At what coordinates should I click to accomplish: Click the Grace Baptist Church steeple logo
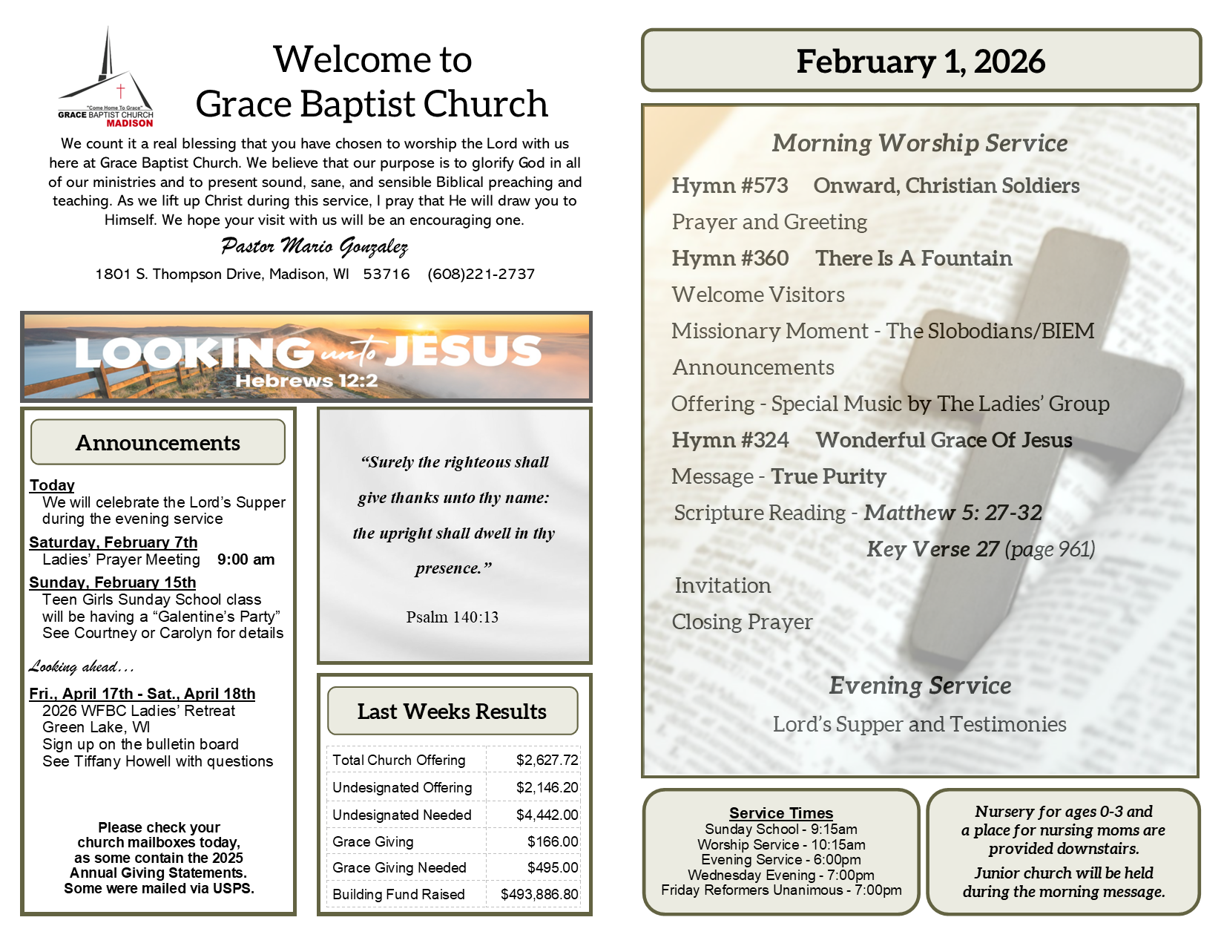click(x=107, y=78)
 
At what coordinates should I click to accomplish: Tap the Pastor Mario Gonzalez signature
click(x=314, y=246)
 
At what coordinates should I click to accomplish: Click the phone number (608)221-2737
click(x=481, y=275)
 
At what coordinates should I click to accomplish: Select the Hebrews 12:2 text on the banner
click(x=306, y=381)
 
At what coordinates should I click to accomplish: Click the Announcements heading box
click(x=158, y=443)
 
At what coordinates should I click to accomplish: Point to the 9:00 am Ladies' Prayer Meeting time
click(x=246, y=559)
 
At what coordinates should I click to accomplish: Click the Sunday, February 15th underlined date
click(x=113, y=582)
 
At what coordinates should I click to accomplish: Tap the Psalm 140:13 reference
click(x=453, y=617)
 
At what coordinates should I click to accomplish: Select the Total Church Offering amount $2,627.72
click(x=547, y=761)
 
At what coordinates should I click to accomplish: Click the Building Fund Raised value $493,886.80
click(x=539, y=895)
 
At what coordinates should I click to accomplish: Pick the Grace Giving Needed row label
click(x=399, y=868)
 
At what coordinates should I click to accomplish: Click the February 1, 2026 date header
click(x=921, y=62)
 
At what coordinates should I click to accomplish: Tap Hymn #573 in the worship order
click(x=730, y=185)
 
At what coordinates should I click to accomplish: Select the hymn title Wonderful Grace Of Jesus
click(x=944, y=440)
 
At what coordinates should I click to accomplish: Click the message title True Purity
click(x=829, y=476)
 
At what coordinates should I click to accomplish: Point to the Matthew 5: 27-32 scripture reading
click(x=952, y=513)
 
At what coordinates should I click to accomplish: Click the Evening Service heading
click(x=920, y=686)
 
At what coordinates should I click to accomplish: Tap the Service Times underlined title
click(x=781, y=813)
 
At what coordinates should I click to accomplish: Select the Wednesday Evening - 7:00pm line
click(x=781, y=876)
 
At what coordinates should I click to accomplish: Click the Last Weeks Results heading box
click(x=452, y=712)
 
